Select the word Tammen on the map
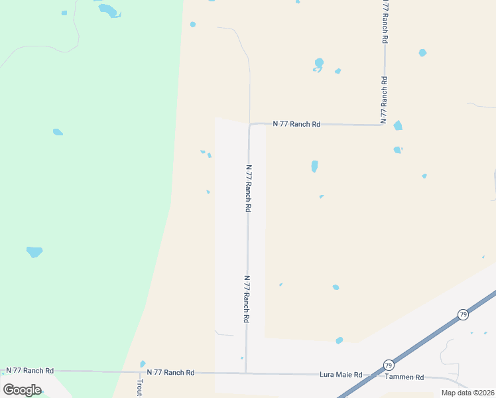(x=399, y=377)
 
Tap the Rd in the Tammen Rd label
(x=419, y=377)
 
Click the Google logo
(x=22, y=390)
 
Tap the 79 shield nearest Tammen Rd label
(x=388, y=365)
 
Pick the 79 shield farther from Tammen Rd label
(x=463, y=314)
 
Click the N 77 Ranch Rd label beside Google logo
(x=30, y=371)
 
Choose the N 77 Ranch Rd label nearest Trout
(x=170, y=373)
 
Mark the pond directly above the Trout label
(x=143, y=364)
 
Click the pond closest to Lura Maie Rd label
(x=340, y=340)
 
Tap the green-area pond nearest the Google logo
(x=34, y=251)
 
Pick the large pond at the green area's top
(x=108, y=10)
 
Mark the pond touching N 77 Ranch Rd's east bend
(x=397, y=125)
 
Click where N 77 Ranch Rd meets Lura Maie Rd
(x=246, y=373)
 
